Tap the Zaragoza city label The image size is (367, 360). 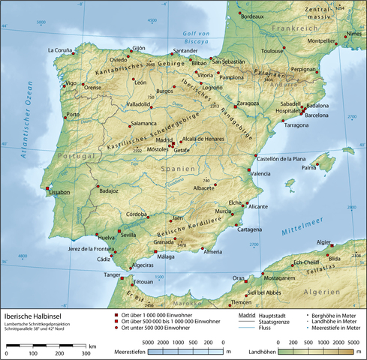[247, 102]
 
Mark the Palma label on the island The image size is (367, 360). [309, 168]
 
